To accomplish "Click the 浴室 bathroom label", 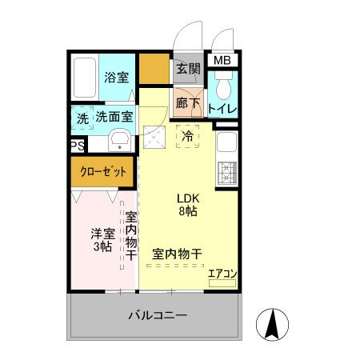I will click(116, 78).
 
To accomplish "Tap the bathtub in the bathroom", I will click(83, 78).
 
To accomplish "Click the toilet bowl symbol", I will click(224, 84).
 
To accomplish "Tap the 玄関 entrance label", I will click(189, 68).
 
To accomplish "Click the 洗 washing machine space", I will click(82, 118).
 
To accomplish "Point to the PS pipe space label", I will click(77, 146).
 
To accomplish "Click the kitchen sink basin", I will click(226, 145).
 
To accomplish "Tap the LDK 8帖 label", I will click(188, 205).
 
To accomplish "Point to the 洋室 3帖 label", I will click(101, 240).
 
